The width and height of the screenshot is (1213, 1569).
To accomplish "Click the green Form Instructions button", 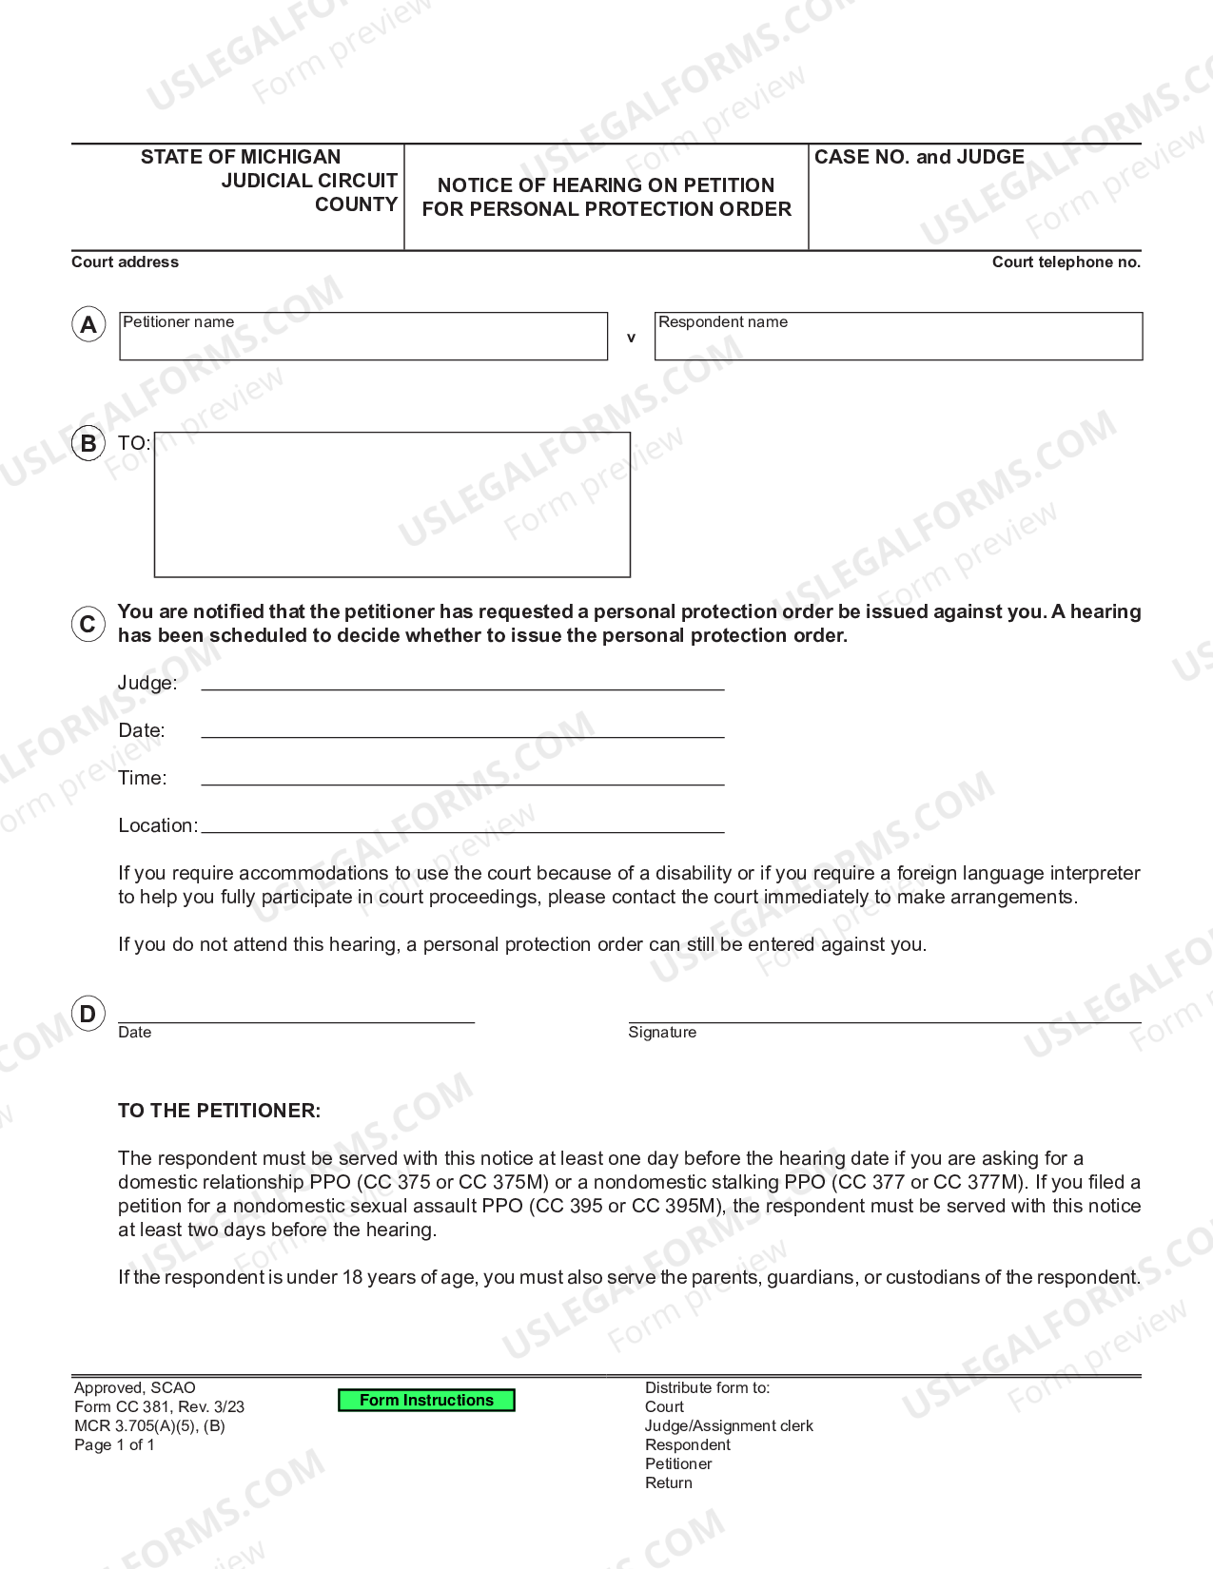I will coord(426,1400).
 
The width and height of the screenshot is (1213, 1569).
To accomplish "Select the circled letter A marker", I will coord(88,325).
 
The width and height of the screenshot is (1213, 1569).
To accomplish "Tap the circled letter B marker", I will coord(88,443).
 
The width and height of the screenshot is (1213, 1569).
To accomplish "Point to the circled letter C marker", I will coord(88,624).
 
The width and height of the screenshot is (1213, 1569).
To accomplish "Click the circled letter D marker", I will coord(88,1014).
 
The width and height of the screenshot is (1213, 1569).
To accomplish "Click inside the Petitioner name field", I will coord(363,340).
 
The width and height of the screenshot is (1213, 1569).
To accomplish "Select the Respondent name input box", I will coord(898,340).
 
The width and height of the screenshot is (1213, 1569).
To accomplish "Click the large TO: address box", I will coord(392,505).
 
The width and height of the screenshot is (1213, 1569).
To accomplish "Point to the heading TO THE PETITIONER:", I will coord(220,1111).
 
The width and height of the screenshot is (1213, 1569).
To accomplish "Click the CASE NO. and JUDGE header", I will coord(919,157).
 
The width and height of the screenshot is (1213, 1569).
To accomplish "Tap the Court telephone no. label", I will coord(1066,262).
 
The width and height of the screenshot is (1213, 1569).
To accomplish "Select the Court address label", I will coord(125,262).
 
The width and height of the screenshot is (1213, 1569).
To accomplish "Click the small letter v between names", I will coord(631,338).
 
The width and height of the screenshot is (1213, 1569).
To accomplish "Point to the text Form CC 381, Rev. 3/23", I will coord(159,1406).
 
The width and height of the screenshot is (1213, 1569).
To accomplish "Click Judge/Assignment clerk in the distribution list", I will coord(729,1425).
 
